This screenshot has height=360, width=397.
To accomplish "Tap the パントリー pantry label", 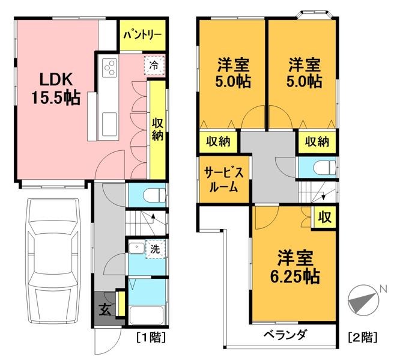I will coord(142,35).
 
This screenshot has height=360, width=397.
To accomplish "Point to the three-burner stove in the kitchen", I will coord(109,68).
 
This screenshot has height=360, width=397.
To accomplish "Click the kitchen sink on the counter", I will coord(109,125).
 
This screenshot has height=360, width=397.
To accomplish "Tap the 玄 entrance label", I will coord(105,311).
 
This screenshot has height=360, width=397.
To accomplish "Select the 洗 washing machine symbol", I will coord(154,248).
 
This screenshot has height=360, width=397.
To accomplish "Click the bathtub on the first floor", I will coord(147,315).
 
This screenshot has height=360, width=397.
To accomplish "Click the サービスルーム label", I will coord(223,178).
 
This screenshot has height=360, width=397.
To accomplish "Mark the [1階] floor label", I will coord(152,337).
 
